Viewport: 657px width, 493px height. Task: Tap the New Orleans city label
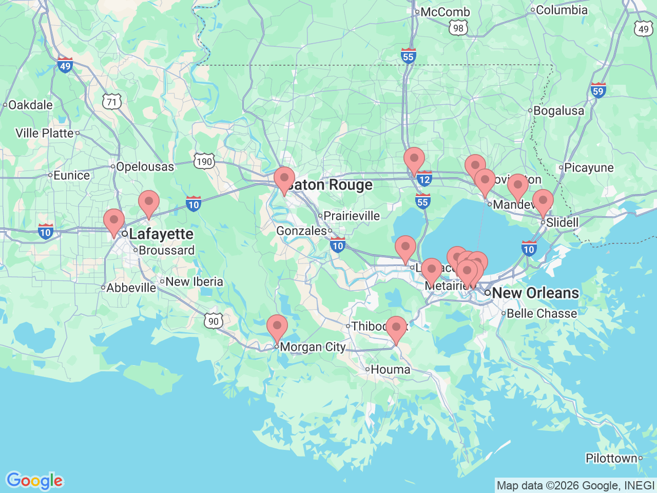pos(535,293)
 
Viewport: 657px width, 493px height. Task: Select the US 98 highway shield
pos(458,28)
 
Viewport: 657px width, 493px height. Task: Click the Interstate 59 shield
pos(598,91)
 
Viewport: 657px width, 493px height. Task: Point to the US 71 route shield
pos(112,102)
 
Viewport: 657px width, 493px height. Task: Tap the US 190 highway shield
pos(204,162)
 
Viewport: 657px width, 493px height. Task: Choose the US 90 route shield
pos(214,321)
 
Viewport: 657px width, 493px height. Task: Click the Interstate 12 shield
pos(424,179)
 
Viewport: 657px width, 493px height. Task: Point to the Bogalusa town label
pos(558,111)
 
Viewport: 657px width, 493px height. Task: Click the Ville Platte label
pos(45,133)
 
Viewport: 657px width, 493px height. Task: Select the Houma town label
pos(390,369)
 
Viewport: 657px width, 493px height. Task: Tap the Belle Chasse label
pos(542,313)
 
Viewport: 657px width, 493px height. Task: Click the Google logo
pos(34,481)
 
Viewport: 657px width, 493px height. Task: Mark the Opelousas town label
pos(145,166)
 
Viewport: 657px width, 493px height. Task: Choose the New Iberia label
pos(194,281)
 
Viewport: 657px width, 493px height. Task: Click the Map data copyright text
pos(575,485)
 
